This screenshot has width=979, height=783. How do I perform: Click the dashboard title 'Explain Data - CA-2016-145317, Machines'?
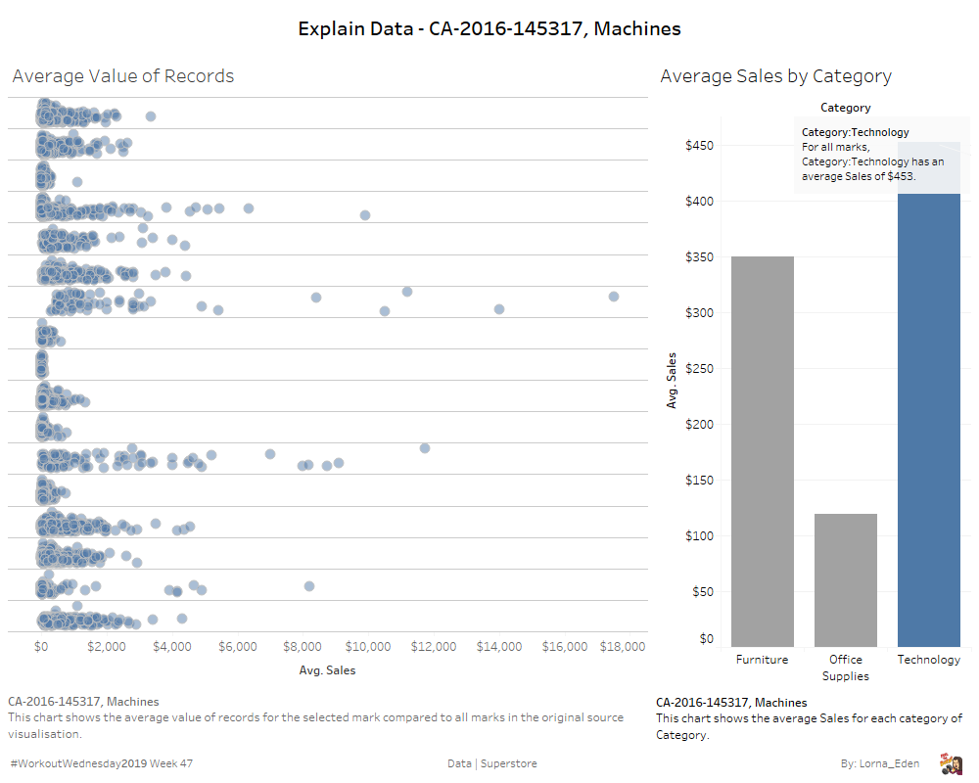click(489, 29)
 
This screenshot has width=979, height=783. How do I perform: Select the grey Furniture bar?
click(762, 450)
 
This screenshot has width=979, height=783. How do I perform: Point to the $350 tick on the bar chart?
click(698, 257)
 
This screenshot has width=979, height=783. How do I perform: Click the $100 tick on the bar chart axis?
click(698, 536)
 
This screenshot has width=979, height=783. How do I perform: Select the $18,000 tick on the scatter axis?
click(623, 647)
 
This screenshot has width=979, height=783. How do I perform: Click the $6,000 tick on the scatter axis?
click(237, 647)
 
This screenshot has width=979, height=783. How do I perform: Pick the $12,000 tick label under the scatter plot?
click(433, 647)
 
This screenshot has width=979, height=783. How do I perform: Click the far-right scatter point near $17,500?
click(614, 297)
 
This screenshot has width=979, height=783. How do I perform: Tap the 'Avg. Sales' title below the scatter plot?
click(327, 671)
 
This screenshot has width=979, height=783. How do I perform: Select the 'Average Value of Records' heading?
click(123, 76)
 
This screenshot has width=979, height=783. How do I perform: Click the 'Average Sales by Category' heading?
click(775, 76)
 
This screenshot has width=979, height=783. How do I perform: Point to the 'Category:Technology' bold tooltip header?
click(855, 132)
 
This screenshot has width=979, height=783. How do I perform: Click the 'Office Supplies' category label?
click(845, 668)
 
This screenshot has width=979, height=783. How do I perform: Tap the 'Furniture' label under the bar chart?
click(762, 660)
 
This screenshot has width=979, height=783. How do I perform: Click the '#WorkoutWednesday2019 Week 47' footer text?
click(102, 763)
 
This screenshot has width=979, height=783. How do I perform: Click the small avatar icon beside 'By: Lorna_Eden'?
click(950, 763)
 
